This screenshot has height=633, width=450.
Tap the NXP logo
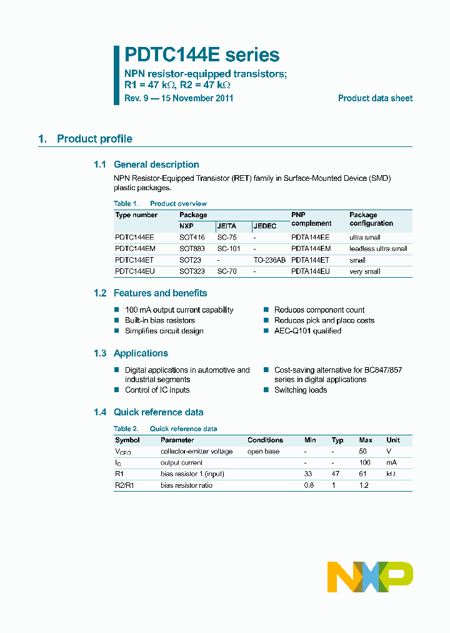coord(370,577)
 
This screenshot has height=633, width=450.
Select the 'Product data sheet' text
coord(375,98)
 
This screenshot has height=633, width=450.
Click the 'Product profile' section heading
coord(94,139)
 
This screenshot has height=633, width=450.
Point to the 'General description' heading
coord(156,165)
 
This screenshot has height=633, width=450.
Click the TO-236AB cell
coord(269,260)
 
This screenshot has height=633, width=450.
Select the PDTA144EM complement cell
coord(311,249)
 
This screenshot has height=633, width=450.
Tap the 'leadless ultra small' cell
coord(378,249)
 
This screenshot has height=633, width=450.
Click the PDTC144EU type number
coord(134,271)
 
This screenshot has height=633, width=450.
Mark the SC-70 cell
coord(227,271)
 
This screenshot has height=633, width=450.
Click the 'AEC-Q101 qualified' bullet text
coord(307,331)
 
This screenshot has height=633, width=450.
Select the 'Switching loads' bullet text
coord(301,390)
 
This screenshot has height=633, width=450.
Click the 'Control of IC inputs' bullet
coord(157,390)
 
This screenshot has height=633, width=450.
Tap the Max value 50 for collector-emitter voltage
coord(362,452)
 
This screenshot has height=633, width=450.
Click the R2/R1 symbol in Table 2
coord(124,485)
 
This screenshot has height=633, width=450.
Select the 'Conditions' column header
coord(265,440)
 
